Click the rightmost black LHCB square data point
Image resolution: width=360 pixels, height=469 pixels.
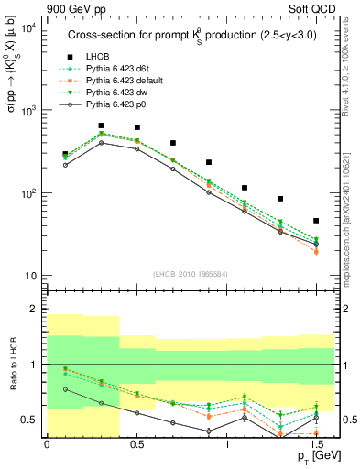(x=316, y=221)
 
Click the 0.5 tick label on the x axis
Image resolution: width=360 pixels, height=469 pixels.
(x=136, y=444)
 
